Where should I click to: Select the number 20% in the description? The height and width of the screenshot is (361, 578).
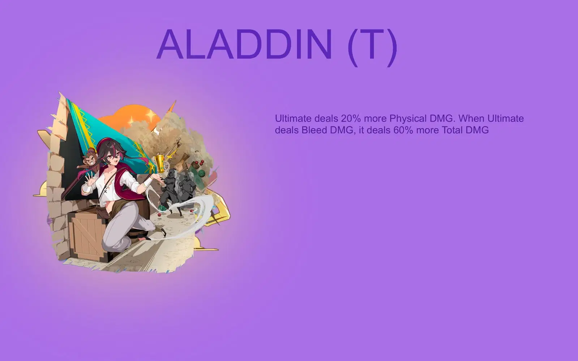(351, 118)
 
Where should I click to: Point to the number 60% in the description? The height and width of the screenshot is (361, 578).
(403, 130)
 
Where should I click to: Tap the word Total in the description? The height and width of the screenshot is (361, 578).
(452, 130)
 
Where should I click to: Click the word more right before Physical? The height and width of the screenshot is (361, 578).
(375, 118)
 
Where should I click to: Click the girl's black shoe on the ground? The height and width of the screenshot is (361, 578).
(162, 231)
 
